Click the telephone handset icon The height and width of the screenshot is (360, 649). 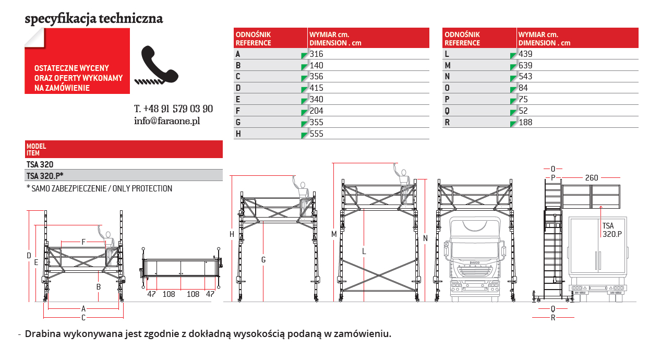[x=160, y=65]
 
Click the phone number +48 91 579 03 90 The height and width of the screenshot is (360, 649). [x=173, y=109]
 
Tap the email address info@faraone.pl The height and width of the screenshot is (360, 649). [x=167, y=121]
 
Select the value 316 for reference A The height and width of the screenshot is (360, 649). [x=316, y=54]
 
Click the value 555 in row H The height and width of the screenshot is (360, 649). [x=316, y=134]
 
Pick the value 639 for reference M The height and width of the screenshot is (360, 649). [x=525, y=65]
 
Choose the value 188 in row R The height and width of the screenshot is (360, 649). [x=525, y=123]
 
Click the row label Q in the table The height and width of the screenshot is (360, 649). [x=447, y=111]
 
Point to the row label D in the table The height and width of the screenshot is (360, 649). [x=238, y=88]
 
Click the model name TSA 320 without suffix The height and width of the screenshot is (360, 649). [x=40, y=164]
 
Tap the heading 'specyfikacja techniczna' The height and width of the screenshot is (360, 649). [x=94, y=19]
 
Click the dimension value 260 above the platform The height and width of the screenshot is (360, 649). [x=591, y=177]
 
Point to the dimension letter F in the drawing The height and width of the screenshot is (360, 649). [x=83, y=242]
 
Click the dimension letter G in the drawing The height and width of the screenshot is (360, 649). [x=264, y=259]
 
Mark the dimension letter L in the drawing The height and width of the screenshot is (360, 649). [x=364, y=251]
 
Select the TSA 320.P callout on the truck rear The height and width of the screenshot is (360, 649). [x=611, y=230]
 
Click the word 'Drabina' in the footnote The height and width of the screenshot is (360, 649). [x=42, y=333]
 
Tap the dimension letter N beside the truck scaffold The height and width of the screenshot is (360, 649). [x=425, y=238]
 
